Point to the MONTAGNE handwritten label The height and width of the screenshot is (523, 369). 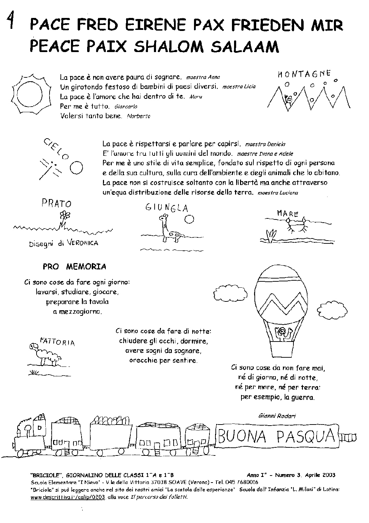point(304,74)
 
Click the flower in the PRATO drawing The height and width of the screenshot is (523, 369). point(65,215)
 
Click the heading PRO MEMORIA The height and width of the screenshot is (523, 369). point(74,267)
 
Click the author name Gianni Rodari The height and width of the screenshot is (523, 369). point(277,415)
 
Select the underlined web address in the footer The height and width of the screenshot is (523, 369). point(68,497)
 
